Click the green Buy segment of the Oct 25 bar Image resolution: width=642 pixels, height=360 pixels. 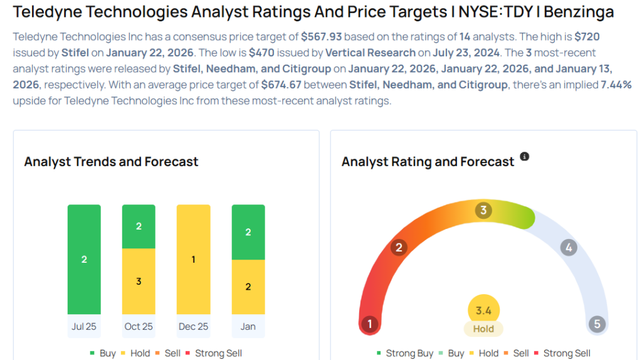coord(139,226)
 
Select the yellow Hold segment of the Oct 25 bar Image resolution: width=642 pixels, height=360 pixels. coord(139,281)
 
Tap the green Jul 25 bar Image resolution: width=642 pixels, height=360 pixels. coord(84,259)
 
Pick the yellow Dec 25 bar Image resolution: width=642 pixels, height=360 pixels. coord(193,259)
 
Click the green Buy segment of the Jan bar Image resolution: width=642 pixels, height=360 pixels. coord(248,232)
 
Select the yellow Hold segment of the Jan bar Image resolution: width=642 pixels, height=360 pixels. coord(248,287)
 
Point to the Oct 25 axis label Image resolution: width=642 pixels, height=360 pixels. coord(139,326)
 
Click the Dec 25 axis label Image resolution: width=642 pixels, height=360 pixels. coord(193,326)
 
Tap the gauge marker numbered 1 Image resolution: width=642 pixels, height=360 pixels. coord(370,324)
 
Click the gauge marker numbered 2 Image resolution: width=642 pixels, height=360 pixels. coord(398,247)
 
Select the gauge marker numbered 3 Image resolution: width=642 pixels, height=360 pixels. coord(483,210)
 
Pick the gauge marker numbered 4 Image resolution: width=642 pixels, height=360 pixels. coord(568,247)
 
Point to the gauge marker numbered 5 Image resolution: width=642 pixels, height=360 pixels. coord(597,324)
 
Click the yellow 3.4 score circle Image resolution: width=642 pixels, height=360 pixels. coord(483,309)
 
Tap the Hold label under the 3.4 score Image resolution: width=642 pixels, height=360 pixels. coord(483,329)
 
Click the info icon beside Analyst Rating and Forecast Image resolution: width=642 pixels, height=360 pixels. coord(525,157)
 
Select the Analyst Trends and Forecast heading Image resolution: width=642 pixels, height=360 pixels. coord(111,162)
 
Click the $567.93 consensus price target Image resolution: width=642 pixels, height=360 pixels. coord(320,37)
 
